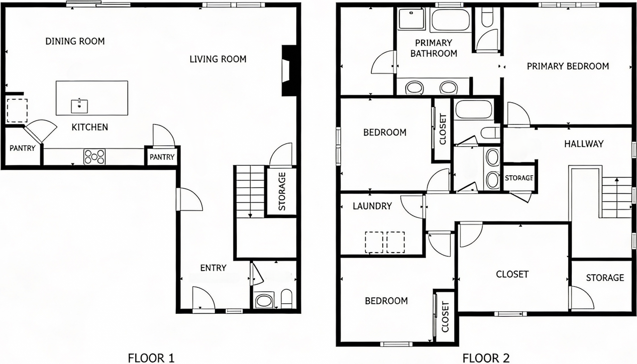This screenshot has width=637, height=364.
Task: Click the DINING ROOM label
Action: (x=75, y=41)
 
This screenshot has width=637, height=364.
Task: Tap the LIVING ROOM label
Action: (x=217, y=59)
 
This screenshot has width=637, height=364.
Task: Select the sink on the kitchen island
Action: (x=79, y=106)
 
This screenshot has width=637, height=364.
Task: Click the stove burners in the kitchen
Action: (x=94, y=157)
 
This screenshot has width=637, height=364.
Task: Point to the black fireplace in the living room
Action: (x=289, y=70)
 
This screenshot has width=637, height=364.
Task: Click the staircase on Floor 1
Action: (x=250, y=191)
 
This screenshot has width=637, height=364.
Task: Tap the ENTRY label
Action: (x=213, y=268)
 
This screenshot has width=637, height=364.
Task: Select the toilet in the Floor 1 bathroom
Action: (x=287, y=299)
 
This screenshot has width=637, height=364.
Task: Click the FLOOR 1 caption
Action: (x=151, y=358)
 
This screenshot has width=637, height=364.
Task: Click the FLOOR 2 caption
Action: (x=486, y=358)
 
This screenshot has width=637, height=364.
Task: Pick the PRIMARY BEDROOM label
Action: (x=567, y=66)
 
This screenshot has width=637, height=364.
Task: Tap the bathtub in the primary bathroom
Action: (x=451, y=20)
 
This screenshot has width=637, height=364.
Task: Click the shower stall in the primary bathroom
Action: (x=411, y=19)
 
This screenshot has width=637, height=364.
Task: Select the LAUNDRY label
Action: (x=372, y=206)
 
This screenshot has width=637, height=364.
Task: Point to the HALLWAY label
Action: (x=584, y=144)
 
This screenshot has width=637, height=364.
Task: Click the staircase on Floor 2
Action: (x=617, y=198)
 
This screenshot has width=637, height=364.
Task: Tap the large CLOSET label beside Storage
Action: (x=512, y=274)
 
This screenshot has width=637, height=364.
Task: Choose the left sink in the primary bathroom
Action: (x=414, y=88)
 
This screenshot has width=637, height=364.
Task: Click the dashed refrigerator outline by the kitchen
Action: (x=17, y=111)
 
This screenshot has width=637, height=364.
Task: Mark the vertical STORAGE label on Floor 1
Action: (x=282, y=191)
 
